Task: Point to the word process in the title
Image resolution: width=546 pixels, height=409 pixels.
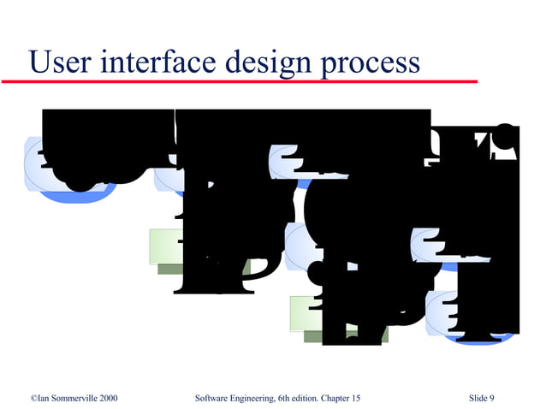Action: pyautogui.click(x=372, y=64)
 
